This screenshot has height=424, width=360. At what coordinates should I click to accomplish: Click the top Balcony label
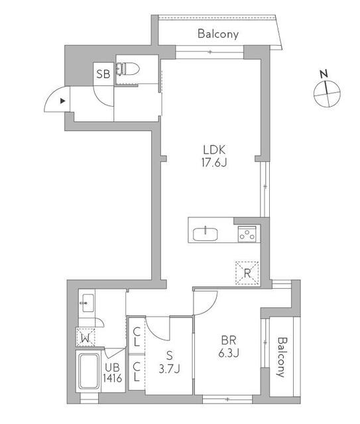(217, 34)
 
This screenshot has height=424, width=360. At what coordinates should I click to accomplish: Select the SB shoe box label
(103, 74)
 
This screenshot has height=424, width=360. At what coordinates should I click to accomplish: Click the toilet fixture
(128, 68)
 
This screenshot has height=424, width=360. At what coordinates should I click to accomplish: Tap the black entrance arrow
(62, 101)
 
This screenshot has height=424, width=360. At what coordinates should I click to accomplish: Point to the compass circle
(326, 94)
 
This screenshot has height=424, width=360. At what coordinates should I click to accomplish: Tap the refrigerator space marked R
(247, 272)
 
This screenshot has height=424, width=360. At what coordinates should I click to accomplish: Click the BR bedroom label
(229, 341)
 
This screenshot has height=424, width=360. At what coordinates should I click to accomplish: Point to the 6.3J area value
(229, 353)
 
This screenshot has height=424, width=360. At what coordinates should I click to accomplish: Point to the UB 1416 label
(111, 374)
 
